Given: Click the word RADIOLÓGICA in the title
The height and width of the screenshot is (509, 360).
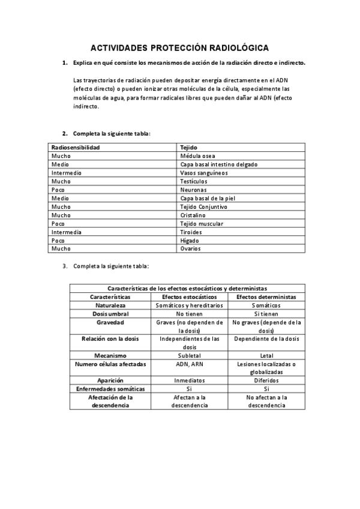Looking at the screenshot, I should pos(239,47).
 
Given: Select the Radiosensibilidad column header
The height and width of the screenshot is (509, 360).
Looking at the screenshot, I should pos(76,147).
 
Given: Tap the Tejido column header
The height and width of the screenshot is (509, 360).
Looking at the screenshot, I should pos(189,147).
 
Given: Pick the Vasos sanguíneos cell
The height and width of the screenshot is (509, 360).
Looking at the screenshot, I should pos(203,172).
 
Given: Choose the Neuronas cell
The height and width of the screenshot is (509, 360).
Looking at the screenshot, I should pos(193,189).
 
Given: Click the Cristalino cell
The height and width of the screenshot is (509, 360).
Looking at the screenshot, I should pos(193,215).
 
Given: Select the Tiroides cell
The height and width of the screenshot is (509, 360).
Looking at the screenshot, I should pos(191,232).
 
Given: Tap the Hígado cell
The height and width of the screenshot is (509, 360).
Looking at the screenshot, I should pos(190,240).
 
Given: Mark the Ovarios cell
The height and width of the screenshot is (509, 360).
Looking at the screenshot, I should pos(190,248).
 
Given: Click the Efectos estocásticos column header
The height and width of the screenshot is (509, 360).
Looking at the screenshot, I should pos(190,297).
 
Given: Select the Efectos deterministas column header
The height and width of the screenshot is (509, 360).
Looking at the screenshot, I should pos(266,297).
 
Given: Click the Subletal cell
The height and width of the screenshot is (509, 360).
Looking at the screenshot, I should pos(190,355).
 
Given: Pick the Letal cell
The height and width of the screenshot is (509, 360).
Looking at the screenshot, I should pos(266,355).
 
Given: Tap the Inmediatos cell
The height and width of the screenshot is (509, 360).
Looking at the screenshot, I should pos(190,381).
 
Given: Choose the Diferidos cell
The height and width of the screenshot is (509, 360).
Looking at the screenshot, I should pos(266,381).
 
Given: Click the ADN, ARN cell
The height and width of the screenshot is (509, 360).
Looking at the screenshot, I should pos(190,364).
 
